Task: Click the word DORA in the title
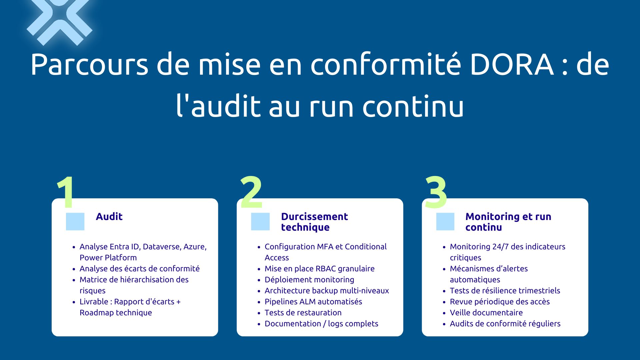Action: (x=512, y=65)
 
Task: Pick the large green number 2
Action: (x=251, y=193)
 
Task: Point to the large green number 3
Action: (x=436, y=193)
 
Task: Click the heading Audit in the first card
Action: (x=109, y=217)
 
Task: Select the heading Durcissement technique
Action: (x=314, y=222)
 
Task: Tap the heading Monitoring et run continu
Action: (x=508, y=222)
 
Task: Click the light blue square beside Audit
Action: (x=75, y=221)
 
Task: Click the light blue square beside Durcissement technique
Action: (x=260, y=221)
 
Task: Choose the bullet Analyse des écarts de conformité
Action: (x=139, y=269)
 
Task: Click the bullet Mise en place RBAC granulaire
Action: (x=319, y=269)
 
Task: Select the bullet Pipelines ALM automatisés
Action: (x=313, y=302)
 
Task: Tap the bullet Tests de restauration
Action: (x=303, y=313)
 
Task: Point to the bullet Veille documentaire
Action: (x=486, y=313)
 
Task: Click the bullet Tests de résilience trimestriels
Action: (x=505, y=291)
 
